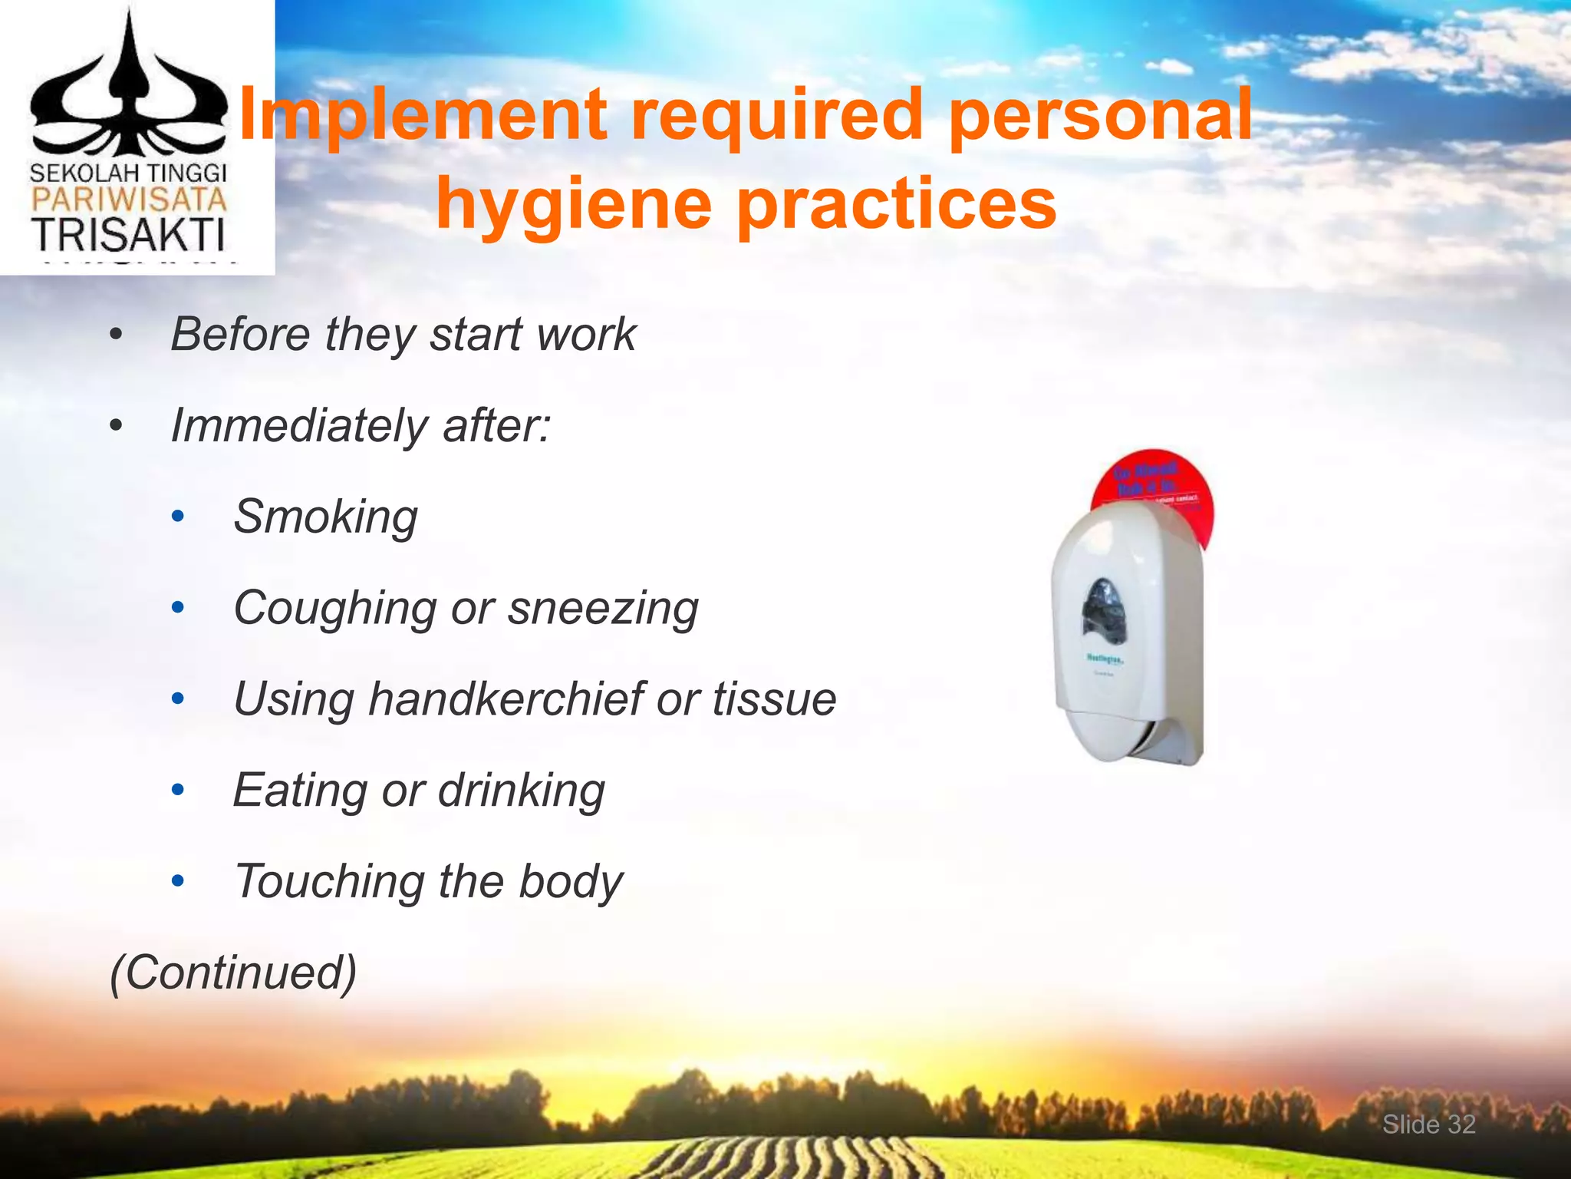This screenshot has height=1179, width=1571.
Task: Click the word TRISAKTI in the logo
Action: pyautogui.click(x=128, y=235)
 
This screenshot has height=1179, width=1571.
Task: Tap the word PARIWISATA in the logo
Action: pyautogui.click(x=128, y=201)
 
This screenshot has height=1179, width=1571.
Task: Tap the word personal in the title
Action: pyautogui.click(x=1100, y=115)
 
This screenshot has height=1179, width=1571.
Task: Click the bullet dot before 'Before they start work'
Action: pyautogui.click(x=116, y=335)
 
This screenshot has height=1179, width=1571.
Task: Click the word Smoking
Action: pyautogui.click(x=325, y=517)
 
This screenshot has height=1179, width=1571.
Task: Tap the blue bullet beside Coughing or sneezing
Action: pyautogui.click(x=178, y=608)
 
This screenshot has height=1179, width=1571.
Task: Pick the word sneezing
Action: pyautogui.click(x=603, y=609)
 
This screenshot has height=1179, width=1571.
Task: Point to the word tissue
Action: pyautogui.click(x=774, y=699)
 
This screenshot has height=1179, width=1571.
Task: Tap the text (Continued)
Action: pyautogui.click(x=233, y=973)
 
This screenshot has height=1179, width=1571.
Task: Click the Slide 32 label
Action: pyautogui.click(x=1428, y=1125)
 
